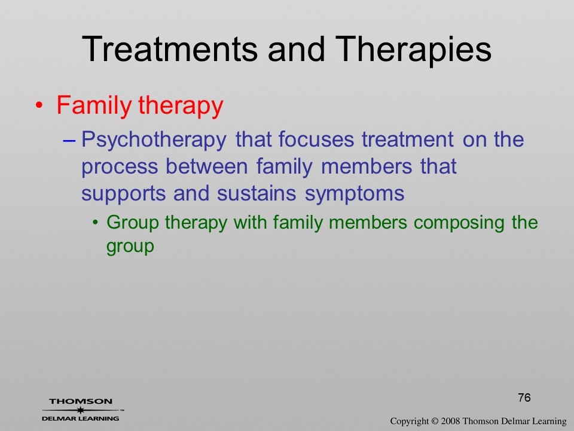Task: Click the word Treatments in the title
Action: (170, 48)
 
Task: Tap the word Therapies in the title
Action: (413, 50)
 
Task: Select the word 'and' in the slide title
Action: (296, 48)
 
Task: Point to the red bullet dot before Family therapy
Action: (39, 106)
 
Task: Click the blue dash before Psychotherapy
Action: (69, 140)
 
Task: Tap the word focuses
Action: (316, 139)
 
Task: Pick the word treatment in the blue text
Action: (407, 139)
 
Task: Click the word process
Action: (120, 168)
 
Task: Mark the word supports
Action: (123, 194)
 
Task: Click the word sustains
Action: (257, 193)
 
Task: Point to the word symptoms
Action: (355, 194)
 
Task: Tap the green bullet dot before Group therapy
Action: (95, 223)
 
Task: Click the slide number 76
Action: (524, 397)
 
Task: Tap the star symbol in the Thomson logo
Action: (80, 410)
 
